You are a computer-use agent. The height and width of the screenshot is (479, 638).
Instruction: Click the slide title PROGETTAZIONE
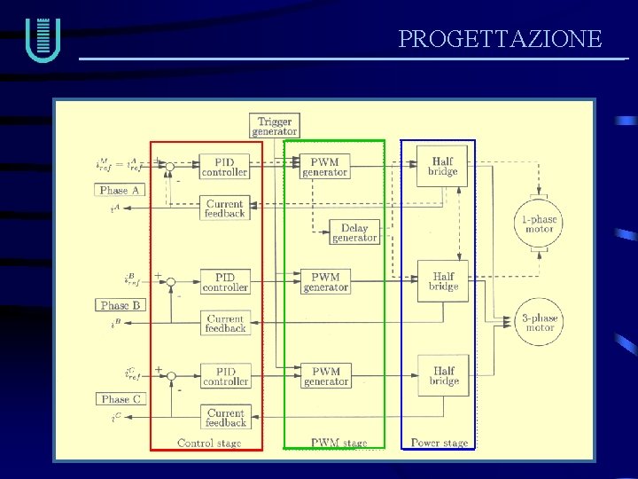coord(500,39)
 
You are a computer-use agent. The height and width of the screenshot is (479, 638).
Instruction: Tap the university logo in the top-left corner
coord(43,40)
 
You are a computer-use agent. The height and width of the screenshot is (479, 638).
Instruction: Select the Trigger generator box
coord(275,126)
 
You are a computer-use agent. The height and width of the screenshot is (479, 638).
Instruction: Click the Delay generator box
coord(354,232)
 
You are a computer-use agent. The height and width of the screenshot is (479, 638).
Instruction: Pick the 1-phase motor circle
coord(539,224)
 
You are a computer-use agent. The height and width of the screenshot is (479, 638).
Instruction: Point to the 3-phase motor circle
coord(539,322)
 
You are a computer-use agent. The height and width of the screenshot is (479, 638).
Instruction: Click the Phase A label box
coord(121,190)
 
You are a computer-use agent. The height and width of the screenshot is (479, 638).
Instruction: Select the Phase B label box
coord(121,305)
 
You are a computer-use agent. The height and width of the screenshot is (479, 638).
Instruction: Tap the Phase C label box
coord(121,399)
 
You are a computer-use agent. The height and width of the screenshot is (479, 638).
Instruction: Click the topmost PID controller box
coord(224,167)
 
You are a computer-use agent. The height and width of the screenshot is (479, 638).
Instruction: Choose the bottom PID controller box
coord(225,376)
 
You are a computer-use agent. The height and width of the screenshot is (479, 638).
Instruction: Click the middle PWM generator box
coord(325,282)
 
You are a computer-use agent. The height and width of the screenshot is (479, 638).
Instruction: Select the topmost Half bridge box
coord(442,166)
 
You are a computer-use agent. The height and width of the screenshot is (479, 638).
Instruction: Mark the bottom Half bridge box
coord(443,375)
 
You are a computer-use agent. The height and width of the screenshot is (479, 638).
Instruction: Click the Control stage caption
coord(209,443)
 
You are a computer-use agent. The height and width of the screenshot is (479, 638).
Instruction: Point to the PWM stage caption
coord(338,443)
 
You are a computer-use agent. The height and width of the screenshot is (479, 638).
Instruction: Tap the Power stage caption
coord(439,443)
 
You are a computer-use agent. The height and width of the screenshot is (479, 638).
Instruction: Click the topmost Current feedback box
coord(224,208)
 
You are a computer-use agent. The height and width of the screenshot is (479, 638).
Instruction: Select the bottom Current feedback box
coord(225,418)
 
